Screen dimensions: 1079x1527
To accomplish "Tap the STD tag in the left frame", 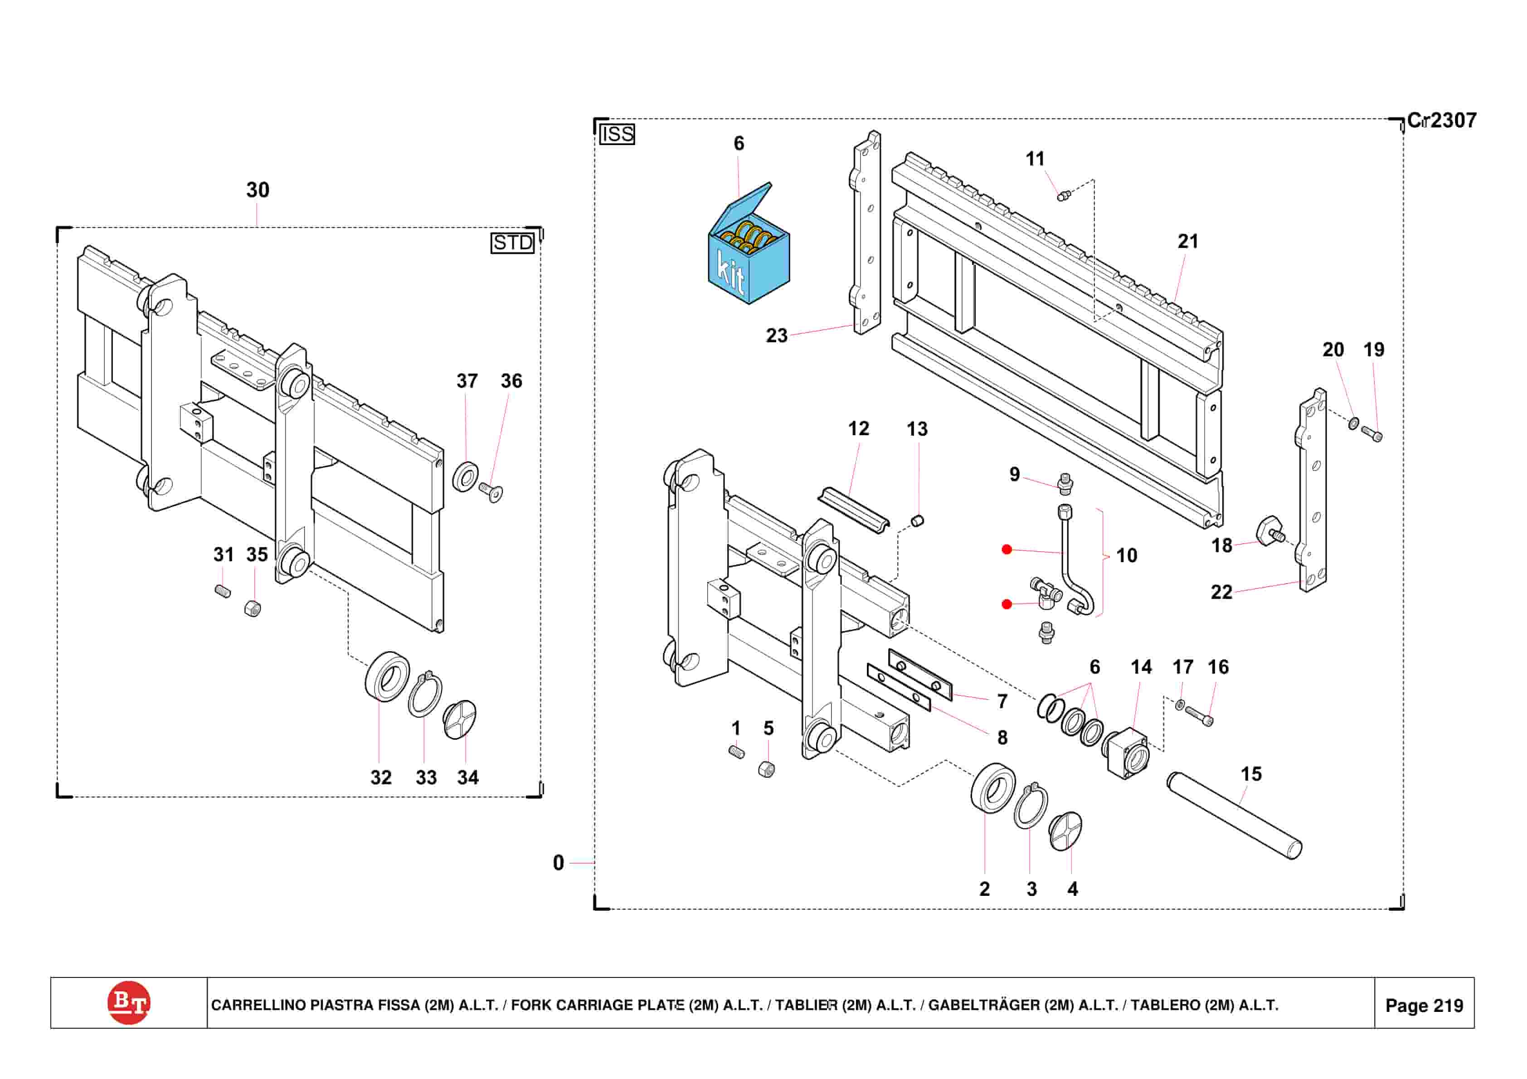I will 512,243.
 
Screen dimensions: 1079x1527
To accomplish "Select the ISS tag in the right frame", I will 617,134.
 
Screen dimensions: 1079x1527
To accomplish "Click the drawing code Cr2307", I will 1441,121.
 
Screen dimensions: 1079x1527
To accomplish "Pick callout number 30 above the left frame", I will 258,190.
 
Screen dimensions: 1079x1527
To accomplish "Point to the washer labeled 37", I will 465,476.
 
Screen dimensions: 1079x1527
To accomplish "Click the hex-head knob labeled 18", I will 1269,531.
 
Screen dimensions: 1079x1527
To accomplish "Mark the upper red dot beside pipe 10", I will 1007,549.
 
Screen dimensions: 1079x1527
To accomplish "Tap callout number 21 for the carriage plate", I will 1188,242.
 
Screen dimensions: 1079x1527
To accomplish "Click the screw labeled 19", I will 1371,434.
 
